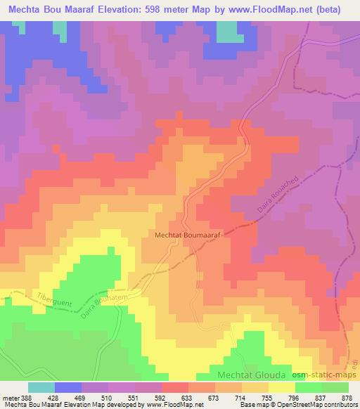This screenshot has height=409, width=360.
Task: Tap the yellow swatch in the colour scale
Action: [281, 387]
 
